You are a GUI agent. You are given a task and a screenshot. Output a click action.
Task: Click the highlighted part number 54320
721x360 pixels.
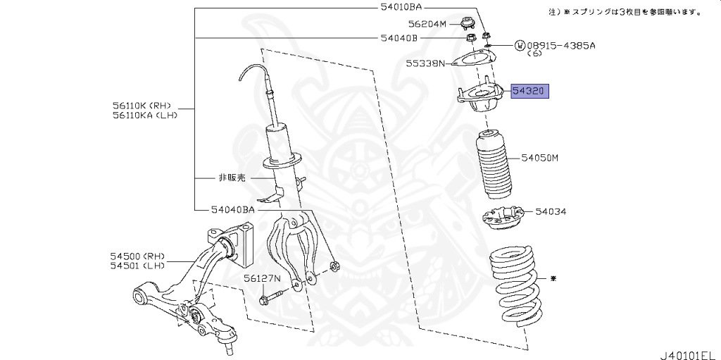pos(530,92)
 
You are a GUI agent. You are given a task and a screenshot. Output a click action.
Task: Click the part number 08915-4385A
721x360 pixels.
pos(561,45)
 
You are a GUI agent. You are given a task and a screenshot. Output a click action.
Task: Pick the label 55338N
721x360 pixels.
pos(425,63)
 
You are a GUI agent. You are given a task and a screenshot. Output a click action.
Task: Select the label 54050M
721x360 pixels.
pos(539,158)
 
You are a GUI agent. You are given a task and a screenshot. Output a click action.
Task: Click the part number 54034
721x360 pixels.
pos(551,211)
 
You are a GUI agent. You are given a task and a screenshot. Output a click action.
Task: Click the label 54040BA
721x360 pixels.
pos(232,209)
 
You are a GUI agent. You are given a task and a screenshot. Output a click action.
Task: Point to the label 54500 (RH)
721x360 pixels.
pos(137,255)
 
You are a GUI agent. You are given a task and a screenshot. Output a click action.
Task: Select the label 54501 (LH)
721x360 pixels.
pos(137,266)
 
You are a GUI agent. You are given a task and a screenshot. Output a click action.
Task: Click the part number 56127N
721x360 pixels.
pos(262,278)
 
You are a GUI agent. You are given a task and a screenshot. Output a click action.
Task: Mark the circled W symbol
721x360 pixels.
pos(520,45)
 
